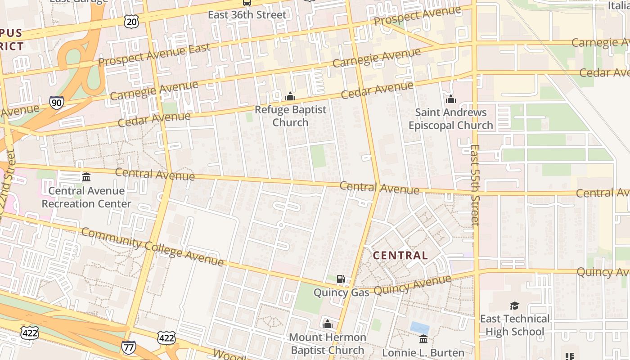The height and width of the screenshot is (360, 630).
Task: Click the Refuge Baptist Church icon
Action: [290, 97]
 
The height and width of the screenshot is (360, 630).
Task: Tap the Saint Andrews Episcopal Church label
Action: [451, 119]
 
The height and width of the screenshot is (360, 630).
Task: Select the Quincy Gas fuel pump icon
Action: [341, 279]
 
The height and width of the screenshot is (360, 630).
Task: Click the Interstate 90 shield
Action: [57, 103]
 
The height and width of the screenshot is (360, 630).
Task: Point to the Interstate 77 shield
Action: [128, 347]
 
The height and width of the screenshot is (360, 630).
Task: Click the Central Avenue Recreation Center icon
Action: [86, 177]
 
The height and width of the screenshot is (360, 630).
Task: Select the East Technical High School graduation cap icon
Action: [514, 306]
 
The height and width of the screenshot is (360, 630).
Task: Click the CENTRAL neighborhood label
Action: [400, 256]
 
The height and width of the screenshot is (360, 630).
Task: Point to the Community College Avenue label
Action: [152, 247]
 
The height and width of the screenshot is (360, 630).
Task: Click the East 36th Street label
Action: [247, 15]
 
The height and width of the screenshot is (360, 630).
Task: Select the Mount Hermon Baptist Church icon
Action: [328, 324]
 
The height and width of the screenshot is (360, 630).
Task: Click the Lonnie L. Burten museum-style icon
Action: [423, 339]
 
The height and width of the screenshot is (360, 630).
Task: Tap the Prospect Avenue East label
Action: [154, 55]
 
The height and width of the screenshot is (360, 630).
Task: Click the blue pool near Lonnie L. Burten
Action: [419, 328]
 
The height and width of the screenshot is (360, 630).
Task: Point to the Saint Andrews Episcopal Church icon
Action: [451, 99]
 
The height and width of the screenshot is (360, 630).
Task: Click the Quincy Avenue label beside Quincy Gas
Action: [412, 285]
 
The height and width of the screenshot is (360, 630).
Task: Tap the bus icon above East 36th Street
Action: [247, 2]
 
